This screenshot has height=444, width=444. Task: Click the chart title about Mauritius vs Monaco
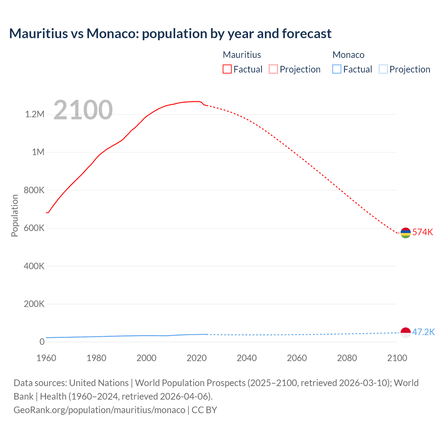pyautogui.click(x=170, y=34)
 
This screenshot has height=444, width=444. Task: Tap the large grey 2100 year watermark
pyautogui.click(x=83, y=110)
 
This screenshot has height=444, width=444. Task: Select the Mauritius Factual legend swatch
pyautogui.click(x=227, y=69)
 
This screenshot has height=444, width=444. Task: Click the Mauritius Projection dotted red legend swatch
pyautogui.click(x=273, y=69)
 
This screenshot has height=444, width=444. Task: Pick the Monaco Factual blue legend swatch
pyautogui.click(x=336, y=69)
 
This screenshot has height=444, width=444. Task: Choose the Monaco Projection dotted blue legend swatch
pyautogui.click(x=383, y=69)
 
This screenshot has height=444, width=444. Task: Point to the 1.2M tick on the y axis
pyautogui.click(x=35, y=114)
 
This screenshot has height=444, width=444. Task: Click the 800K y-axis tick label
pyautogui.click(x=34, y=190)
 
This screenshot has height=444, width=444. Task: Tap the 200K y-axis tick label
pyautogui.click(x=34, y=304)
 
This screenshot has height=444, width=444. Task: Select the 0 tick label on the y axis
pyautogui.click(x=42, y=342)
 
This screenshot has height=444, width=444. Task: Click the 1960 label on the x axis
pyautogui.click(x=46, y=358)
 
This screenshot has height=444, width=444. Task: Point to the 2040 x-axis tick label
pyautogui.click(x=247, y=358)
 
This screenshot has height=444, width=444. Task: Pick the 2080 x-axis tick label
pyautogui.click(x=347, y=358)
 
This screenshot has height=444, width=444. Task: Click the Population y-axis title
pyautogui.click(x=15, y=215)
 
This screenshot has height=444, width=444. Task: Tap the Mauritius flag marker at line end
pyautogui.click(x=405, y=233)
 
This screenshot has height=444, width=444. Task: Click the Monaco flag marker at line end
pyautogui.click(x=405, y=332)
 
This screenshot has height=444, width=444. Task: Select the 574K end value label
pyautogui.click(x=422, y=232)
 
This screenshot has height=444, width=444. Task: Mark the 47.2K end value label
pyautogui.click(x=423, y=332)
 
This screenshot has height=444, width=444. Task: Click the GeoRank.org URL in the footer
pyautogui.click(x=99, y=410)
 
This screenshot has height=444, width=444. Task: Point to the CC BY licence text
pyautogui.click(x=204, y=410)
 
